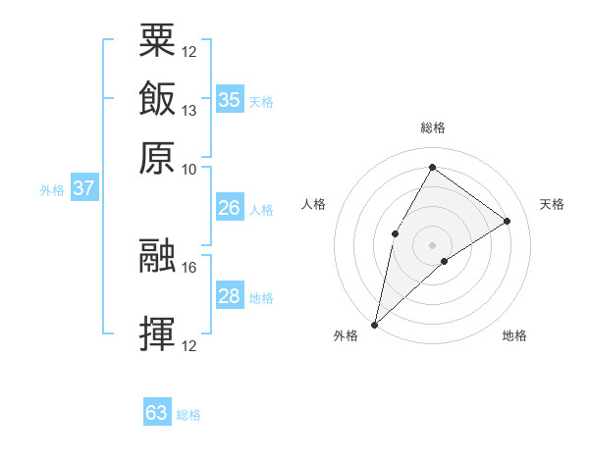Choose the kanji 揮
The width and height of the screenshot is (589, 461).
[x=157, y=334]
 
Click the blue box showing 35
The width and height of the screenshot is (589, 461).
[x=229, y=99]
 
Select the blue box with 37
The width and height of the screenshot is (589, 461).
[x=83, y=188]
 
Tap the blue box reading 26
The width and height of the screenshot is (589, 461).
[x=229, y=208]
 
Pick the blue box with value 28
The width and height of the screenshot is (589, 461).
[x=229, y=296]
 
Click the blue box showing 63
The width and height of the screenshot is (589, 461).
[x=157, y=413]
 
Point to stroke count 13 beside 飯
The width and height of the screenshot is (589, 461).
[x=189, y=111]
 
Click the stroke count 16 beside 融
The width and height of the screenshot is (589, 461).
[x=189, y=267]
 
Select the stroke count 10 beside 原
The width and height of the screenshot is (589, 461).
[x=189, y=169]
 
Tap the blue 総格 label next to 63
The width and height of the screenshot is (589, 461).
[x=188, y=415]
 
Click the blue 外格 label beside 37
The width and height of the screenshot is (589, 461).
[x=52, y=190]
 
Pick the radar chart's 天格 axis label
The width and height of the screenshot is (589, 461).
[x=552, y=204]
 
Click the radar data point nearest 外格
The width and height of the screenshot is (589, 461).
[x=374, y=324]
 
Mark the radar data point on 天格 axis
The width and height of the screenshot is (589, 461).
[x=508, y=221]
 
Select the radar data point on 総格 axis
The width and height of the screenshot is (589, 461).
[x=432, y=168]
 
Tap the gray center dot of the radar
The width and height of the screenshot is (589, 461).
[x=432, y=244]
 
